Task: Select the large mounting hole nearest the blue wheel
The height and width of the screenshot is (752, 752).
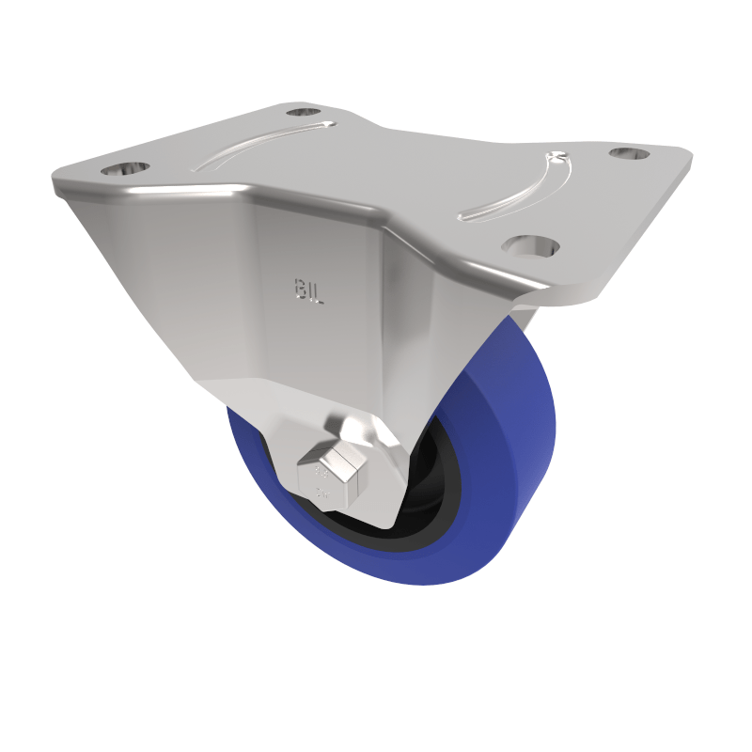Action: click(530, 246)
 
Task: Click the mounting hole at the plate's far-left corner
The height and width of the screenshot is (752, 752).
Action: click(125, 169)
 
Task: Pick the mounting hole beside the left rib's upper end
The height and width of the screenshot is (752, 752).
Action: click(303, 112)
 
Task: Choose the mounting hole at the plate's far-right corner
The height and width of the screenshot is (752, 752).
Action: click(630, 151)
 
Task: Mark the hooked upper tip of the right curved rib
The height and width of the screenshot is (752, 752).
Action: click(556, 156)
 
